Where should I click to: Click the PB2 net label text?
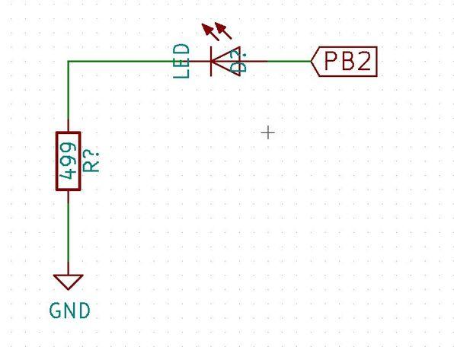pyautogui.click(x=347, y=61)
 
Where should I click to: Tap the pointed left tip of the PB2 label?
pyautogui.click(x=311, y=61)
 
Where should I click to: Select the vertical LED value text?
pyautogui.click(x=181, y=61)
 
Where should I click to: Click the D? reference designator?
pyautogui.click(x=240, y=60)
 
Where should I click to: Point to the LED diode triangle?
pyautogui.click(x=225, y=61)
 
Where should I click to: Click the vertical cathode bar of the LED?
pyautogui.click(x=211, y=61)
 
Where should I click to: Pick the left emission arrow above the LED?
pyautogui.click(x=210, y=32)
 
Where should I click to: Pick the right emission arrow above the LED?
pyautogui.click(x=223, y=30)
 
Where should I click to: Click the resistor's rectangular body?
pyautogui.click(x=69, y=161)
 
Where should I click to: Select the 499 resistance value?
pyautogui.click(x=69, y=161)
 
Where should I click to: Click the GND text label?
pyautogui.click(x=70, y=311)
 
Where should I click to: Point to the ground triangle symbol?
pyautogui.click(x=69, y=282)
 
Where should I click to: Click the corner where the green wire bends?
pyautogui.click(x=69, y=61)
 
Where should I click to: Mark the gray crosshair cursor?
pyautogui.click(x=268, y=133)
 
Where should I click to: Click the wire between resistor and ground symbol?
pyautogui.click(x=69, y=232)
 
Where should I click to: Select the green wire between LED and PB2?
pyautogui.click(x=289, y=61)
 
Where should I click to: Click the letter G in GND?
pyautogui.click(x=55, y=311)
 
